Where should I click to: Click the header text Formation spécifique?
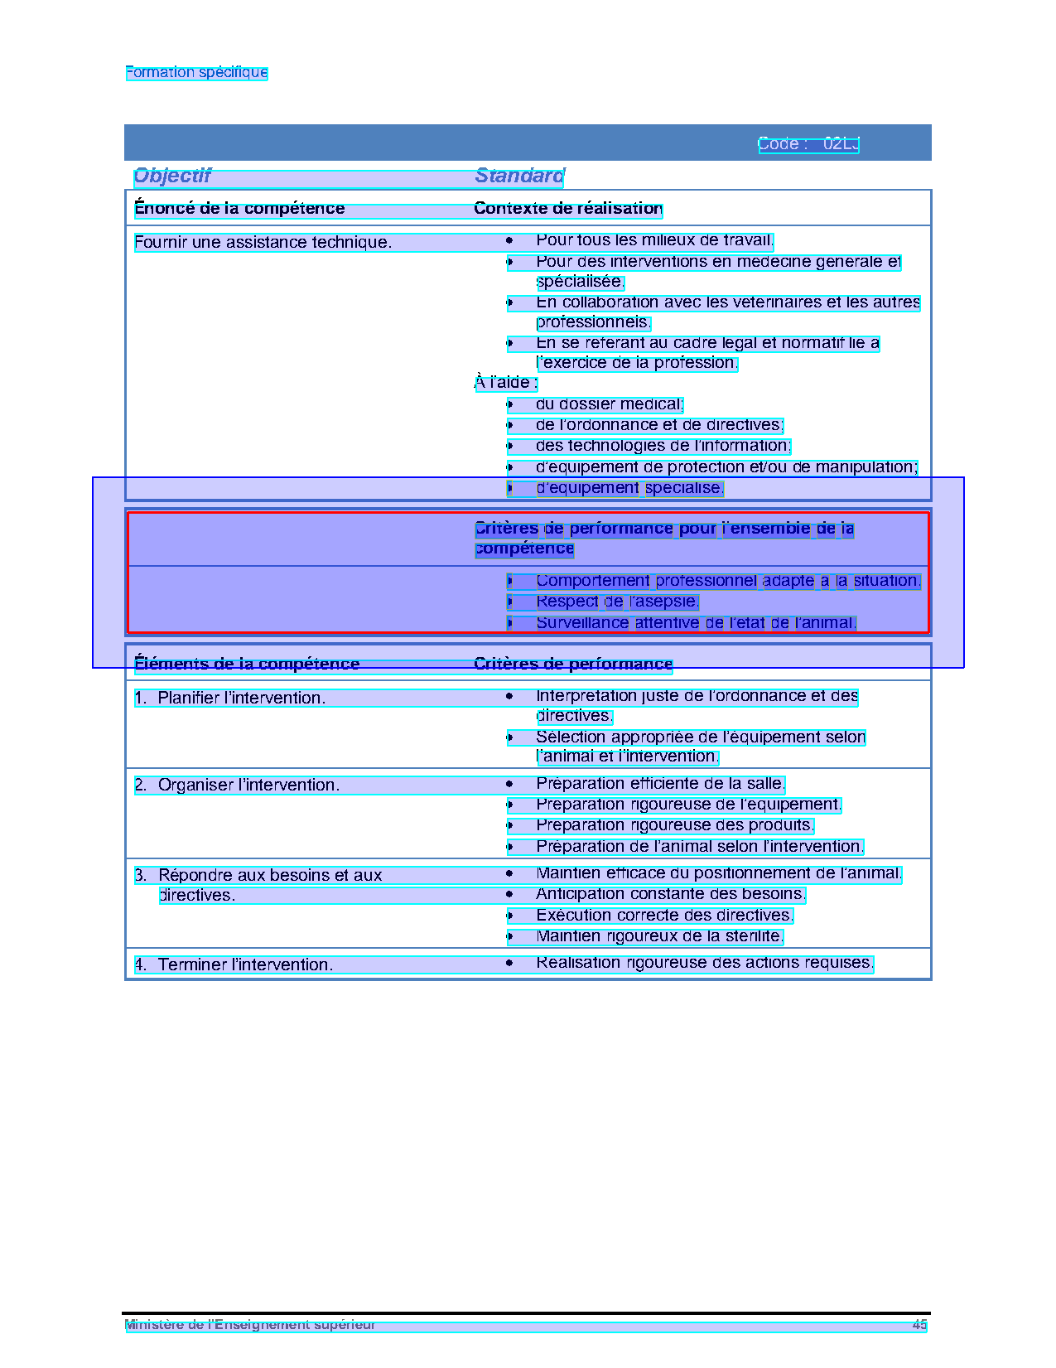[196, 72]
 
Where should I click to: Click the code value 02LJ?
[841, 144]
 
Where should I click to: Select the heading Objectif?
[172, 176]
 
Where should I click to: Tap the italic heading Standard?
[519, 176]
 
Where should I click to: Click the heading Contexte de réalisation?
[568, 209]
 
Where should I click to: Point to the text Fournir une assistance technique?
[263, 243]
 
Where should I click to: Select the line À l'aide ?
[505, 383]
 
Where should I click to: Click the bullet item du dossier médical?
[609, 404]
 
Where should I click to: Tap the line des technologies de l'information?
[663, 447]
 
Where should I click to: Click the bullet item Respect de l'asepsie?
[617, 602]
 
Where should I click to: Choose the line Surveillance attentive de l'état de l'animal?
[696, 623]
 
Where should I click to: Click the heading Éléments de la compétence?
[247, 664]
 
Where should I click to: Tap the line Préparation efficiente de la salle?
[660, 784]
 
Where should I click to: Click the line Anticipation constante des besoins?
[670, 894]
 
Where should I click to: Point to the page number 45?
[919, 1325]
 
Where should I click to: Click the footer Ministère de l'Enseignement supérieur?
[250, 1325]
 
